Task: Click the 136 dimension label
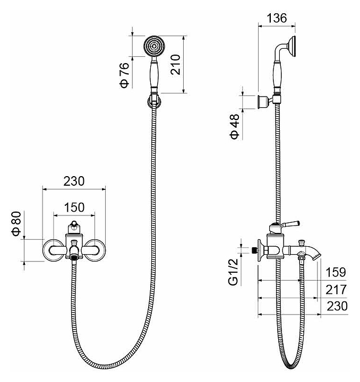277,18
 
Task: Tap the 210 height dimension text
176,65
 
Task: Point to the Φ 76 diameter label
124,75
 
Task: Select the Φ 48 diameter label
235,127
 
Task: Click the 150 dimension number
74,207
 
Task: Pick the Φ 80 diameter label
16,223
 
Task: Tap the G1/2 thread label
233,272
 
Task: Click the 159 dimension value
336,272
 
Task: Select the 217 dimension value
336,290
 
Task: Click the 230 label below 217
337,306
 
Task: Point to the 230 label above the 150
74,181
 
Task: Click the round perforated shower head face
155,46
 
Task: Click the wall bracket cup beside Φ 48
262,101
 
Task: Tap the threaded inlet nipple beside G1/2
255,250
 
